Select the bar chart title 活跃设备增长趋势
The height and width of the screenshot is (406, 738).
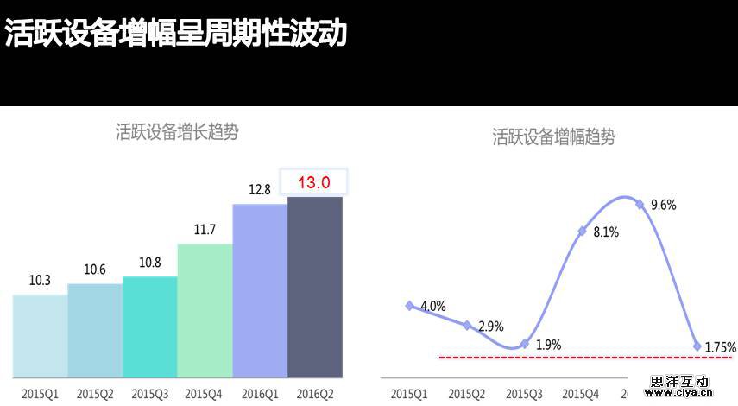[x=177, y=132]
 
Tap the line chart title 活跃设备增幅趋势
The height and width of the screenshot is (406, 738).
[x=553, y=136]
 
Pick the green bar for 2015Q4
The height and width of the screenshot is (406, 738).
[x=205, y=311]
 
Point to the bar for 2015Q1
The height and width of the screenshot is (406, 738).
[x=40, y=336]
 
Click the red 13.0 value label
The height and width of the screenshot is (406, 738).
[x=314, y=182]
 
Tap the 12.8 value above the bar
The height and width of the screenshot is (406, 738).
[x=259, y=190]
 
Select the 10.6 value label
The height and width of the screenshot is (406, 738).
[x=95, y=270]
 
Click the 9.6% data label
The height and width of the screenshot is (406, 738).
[x=663, y=206]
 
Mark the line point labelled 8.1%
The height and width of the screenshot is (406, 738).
[x=583, y=231]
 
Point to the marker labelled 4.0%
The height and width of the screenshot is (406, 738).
[x=410, y=305]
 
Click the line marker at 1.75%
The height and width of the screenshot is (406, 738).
[x=697, y=346]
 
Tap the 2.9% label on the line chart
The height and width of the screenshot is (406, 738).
[x=490, y=327]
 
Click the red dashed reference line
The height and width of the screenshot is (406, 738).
[x=570, y=356]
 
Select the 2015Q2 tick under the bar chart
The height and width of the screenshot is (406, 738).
[x=94, y=394]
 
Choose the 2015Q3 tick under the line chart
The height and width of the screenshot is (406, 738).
[x=524, y=394]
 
